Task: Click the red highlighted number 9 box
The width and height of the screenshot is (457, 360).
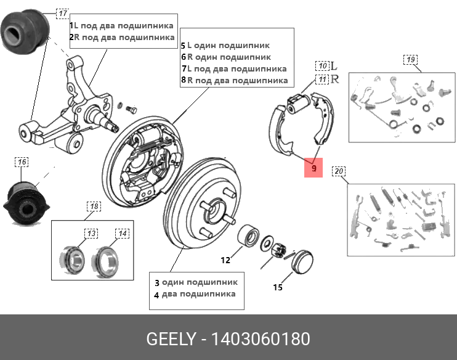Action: pos(313,167)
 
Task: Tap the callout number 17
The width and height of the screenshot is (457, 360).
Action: pos(63,13)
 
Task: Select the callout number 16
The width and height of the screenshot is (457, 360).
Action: pos(22,162)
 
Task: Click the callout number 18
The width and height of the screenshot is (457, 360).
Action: pos(92,206)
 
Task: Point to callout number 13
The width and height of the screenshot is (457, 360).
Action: pos(91,233)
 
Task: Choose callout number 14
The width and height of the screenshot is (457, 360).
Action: pos(123,233)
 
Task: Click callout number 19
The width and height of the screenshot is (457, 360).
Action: pos(410,60)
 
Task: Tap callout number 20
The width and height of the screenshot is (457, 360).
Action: pos(339,171)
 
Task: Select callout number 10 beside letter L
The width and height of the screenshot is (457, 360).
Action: pos(322,65)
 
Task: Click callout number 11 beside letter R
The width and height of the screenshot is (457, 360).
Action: pos(322,79)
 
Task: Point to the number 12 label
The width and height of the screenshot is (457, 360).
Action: pos(225,260)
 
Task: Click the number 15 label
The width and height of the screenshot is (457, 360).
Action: pos(278,287)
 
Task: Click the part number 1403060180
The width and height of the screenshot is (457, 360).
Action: pos(261,339)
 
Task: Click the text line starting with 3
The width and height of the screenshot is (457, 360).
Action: pos(195,282)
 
